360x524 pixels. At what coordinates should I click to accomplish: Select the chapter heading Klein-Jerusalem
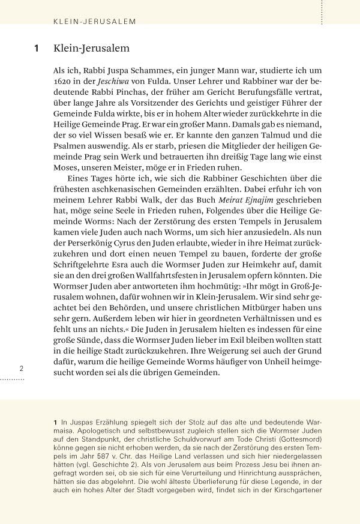click(x=91, y=49)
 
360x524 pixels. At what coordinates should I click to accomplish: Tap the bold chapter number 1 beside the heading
click(x=37, y=49)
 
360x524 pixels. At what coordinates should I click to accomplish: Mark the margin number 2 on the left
click(x=21, y=369)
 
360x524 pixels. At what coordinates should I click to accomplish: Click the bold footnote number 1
click(x=55, y=424)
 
